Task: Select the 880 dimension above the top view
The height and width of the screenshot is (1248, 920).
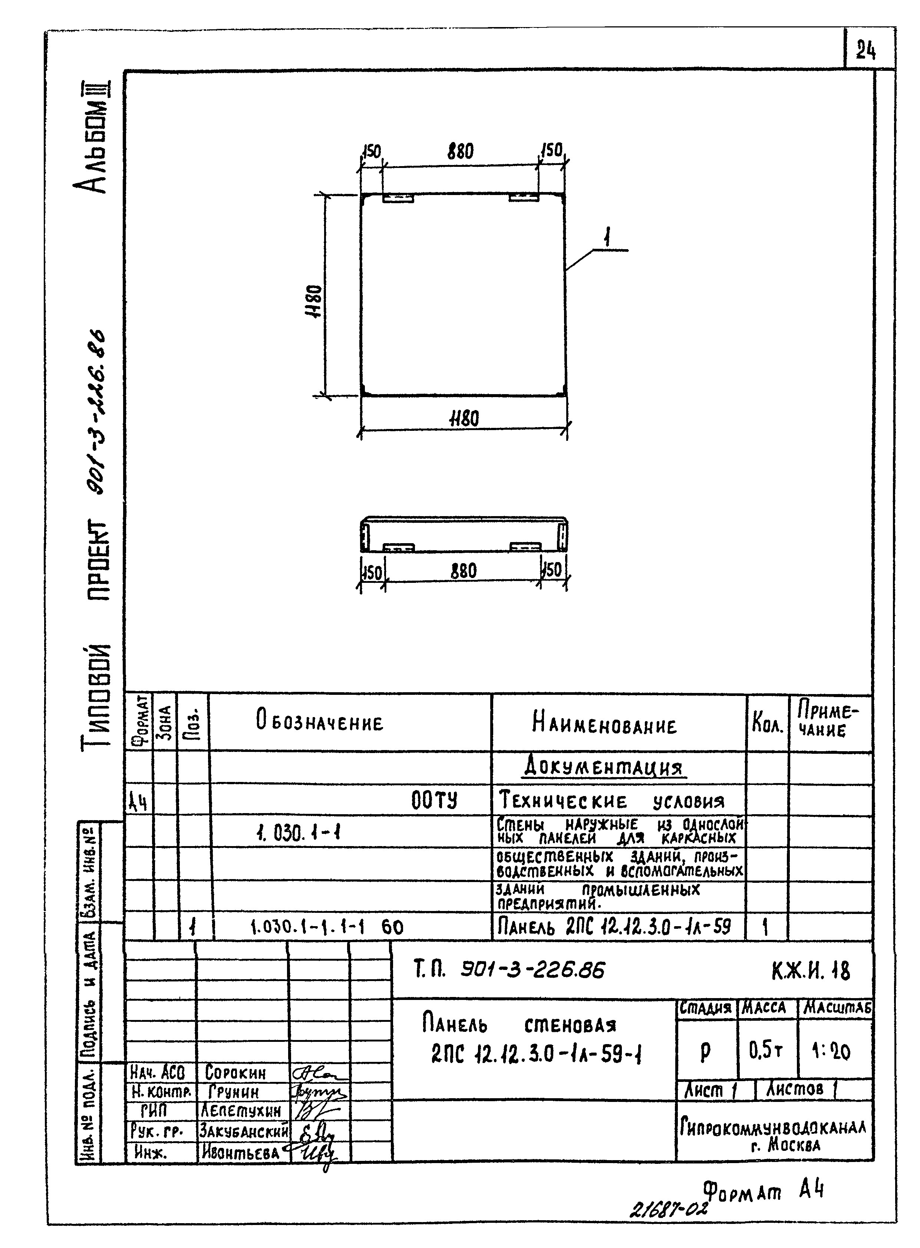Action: (x=461, y=152)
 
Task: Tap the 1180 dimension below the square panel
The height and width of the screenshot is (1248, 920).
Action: (x=464, y=418)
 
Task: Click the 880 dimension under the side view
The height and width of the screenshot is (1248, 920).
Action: (x=464, y=571)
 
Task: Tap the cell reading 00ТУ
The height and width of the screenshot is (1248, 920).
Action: (x=434, y=801)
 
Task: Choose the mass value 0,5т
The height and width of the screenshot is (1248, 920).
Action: (x=766, y=1051)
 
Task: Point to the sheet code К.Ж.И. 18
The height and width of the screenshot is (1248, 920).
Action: (x=811, y=971)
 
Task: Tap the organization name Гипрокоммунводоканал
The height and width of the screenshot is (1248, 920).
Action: (x=773, y=1128)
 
